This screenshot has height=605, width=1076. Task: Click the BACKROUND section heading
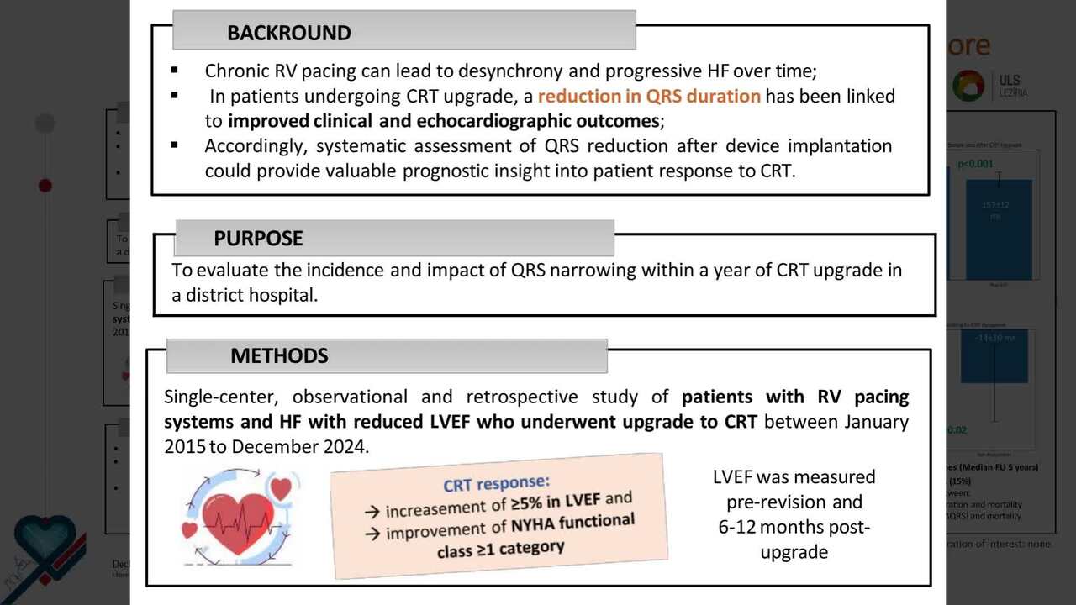288,34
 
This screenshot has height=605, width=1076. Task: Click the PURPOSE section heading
258,239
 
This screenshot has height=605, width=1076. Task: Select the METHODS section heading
279,356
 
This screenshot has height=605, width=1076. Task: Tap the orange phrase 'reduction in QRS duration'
649,96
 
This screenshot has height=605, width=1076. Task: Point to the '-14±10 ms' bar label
994,338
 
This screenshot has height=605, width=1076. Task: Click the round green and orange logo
968,86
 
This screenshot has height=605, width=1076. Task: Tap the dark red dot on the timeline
45,186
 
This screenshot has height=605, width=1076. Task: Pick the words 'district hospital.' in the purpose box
245,295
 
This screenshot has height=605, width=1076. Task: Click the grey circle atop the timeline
45,124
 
